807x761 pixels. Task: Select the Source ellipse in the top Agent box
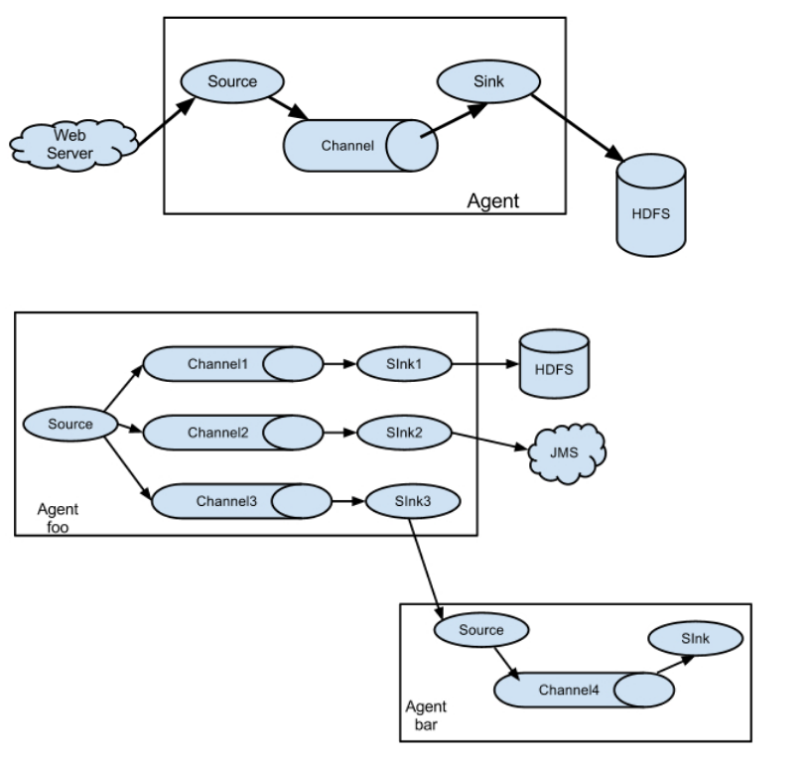coord(231,80)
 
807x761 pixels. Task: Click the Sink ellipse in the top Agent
coord(487,80)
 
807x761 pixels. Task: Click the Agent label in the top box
coord(492,201)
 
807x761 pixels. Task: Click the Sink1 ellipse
coord(403,364)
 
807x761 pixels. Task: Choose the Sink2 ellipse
coord(403,433)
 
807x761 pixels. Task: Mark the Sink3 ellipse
coord(412,501)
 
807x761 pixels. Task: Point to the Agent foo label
coord(58,518)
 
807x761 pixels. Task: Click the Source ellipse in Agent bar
coord(480,630)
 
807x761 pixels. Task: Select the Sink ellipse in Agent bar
coord(695,639)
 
